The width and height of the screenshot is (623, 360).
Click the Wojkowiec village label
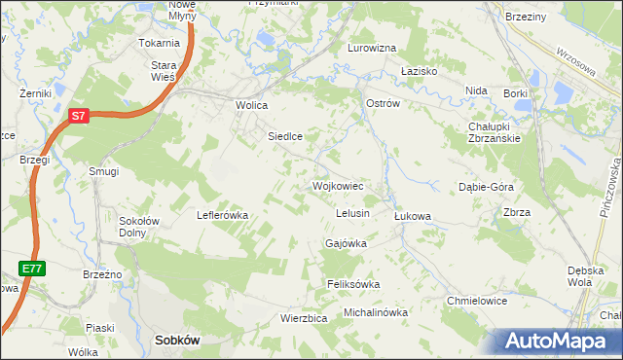click(338, 185)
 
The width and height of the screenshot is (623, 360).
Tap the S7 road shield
click(80, 116)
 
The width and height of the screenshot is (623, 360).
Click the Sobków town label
click(177, 341)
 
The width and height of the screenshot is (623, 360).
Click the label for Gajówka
click(347, 244)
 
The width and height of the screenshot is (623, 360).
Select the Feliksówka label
click(352, 284)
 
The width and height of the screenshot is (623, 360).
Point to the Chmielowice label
click(477, 301)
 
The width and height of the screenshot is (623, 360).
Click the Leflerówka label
click(224, 215)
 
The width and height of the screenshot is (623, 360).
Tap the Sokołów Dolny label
click(139, 227)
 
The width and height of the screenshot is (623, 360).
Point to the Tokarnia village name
click(159, 43)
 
